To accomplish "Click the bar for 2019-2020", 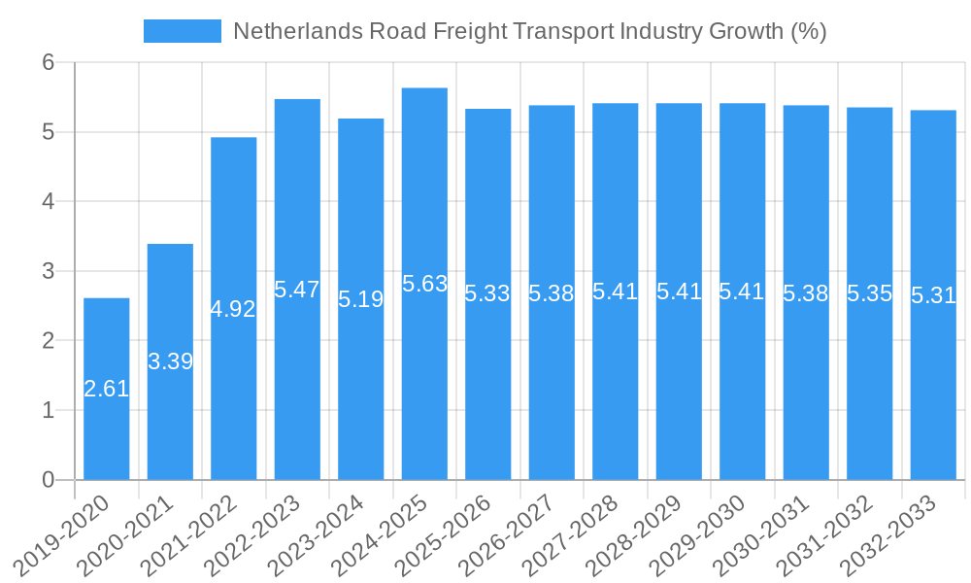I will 107,389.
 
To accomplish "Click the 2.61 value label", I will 107,389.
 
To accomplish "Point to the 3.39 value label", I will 170,361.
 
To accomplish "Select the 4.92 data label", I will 233,309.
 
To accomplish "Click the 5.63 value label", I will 424,284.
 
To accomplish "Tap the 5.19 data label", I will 361,299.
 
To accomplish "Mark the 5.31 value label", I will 933,295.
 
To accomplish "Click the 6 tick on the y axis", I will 50,62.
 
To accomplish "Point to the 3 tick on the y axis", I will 50,271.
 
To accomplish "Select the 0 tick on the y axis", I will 50,480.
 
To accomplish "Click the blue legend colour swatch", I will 183,31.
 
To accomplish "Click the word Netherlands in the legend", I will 297,31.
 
